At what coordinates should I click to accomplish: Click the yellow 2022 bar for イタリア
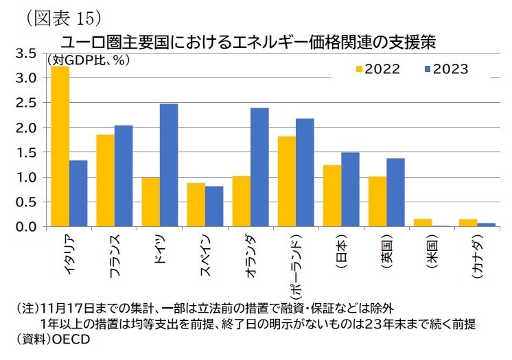[x=60, y=147]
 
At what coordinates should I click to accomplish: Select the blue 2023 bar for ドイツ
[x=169, y=165]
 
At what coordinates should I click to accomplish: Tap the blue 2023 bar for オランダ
[x=259, y=167]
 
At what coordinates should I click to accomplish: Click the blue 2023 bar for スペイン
[x=214, y=206]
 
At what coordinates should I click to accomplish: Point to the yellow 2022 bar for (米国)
[x=423, y=223]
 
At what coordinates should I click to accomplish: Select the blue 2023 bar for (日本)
[x=350, y=189]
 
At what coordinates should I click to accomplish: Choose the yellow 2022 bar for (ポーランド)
[x=287, y=182]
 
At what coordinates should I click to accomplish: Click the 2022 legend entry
[x=377, y=69]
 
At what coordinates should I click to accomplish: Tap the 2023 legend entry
[x=446, y=69]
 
